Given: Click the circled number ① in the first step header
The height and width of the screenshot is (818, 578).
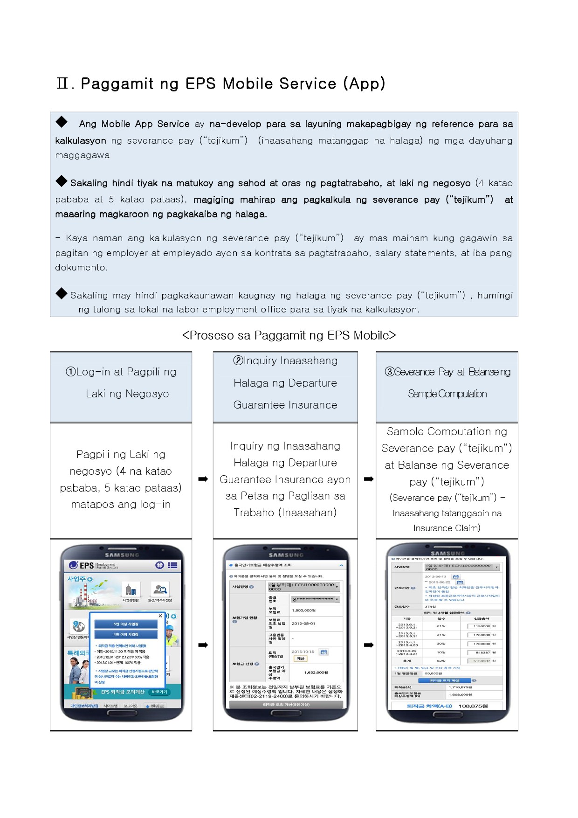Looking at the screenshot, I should click(71, 372).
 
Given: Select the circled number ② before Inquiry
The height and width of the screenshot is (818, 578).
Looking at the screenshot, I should click(238, 361).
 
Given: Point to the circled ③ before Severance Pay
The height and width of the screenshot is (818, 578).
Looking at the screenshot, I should click(390, 372).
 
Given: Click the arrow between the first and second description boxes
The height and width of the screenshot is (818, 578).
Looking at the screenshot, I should click(203, 479).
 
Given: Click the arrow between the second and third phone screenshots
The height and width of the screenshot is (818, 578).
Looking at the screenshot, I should click(369, 645).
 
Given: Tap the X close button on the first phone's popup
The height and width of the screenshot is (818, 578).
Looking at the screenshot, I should click(160, 616).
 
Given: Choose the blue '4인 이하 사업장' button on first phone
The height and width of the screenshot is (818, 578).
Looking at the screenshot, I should click(126, 634).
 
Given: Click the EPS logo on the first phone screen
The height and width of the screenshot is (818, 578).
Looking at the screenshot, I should click(82, 565).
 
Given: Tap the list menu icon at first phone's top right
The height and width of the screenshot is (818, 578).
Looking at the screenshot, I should click(172, 565).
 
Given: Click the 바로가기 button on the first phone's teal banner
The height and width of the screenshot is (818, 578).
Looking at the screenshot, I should click(159, 692).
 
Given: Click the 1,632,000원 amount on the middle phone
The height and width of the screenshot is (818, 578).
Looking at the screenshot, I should click(317, 672).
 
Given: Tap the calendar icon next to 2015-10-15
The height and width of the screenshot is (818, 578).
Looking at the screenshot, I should click(324, 652).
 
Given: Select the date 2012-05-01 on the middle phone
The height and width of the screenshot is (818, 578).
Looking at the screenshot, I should click(303, 624).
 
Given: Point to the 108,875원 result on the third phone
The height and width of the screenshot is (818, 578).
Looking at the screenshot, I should click(473, 706).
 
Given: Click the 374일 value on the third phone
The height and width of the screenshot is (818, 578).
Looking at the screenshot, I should click(430, 607).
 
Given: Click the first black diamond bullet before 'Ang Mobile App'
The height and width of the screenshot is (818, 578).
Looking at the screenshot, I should click(62, 122).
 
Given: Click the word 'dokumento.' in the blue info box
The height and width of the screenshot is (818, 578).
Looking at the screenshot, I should click(82, 268).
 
